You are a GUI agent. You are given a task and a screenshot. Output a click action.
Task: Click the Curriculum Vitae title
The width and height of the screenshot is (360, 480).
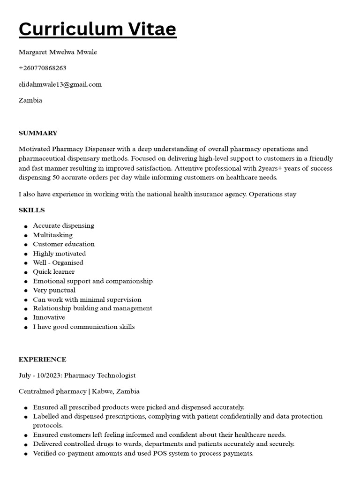(97, 29)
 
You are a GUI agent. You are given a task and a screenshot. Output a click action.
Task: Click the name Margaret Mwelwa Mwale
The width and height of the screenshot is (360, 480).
(58, 52)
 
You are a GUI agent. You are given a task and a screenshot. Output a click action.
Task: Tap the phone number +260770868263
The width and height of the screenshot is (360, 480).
(42, 68)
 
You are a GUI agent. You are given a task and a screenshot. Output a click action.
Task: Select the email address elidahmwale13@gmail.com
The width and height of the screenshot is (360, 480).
(60, 84)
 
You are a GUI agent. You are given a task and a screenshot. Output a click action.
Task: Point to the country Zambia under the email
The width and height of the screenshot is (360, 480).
(30, 100)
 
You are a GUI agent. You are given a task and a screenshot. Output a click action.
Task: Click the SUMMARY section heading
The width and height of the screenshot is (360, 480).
(38, 133)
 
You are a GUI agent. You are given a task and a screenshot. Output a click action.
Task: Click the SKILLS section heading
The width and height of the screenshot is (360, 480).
(31, 210)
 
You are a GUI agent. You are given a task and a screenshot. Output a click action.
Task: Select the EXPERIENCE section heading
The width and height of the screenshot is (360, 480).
(42, 360)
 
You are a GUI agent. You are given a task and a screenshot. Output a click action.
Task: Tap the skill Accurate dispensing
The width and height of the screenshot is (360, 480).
(63, 225)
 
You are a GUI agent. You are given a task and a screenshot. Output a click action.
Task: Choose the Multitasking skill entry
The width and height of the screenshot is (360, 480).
(52, 235)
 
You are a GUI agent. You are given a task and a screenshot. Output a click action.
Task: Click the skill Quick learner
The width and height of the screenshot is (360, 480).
(53, 271)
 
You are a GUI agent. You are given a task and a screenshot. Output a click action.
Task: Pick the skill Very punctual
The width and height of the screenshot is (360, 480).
(54, 290)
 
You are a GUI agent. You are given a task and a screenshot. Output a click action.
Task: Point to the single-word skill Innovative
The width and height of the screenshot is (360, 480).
(49, 317)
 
